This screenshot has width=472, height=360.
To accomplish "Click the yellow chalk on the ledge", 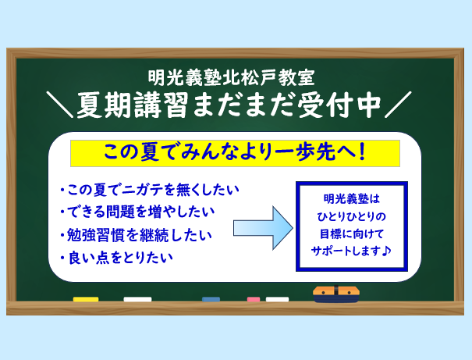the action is [x=86, y=299].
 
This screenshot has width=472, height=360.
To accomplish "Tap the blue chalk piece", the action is [x=211, y=299].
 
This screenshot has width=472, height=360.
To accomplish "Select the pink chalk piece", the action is [x=254, y=299].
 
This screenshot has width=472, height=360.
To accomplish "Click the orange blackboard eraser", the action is [x=336, y=294].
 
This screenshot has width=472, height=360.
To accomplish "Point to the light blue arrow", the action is [x=263, y=228].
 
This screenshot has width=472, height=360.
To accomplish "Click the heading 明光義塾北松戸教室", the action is [x=232, y=77].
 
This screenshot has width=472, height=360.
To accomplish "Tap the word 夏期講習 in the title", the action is [x=133, y=105].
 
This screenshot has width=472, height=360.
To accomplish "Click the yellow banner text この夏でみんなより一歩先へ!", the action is [x=235, y=152].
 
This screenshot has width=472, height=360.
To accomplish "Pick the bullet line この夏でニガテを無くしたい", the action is [x=150, y=190].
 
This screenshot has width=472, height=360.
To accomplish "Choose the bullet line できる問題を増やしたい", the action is [x=137, y=212].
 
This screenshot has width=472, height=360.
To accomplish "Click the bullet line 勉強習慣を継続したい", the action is [x=136, y=235].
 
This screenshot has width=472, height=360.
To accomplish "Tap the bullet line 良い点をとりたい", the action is [x=116, y=258].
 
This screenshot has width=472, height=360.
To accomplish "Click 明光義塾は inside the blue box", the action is [x=352, y=199].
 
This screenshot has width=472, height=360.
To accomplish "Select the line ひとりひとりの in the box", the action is [x=352, y=216].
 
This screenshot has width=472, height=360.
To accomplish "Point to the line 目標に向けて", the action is [x=352, y=233].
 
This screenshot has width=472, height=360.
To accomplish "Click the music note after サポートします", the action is [x=386, y=251].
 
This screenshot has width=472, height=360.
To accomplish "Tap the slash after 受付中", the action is [x=398, y=105].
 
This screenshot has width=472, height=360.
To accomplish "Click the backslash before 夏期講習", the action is [x=59, y=105].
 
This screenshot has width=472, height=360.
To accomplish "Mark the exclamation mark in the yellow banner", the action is [x=363, y=152].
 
